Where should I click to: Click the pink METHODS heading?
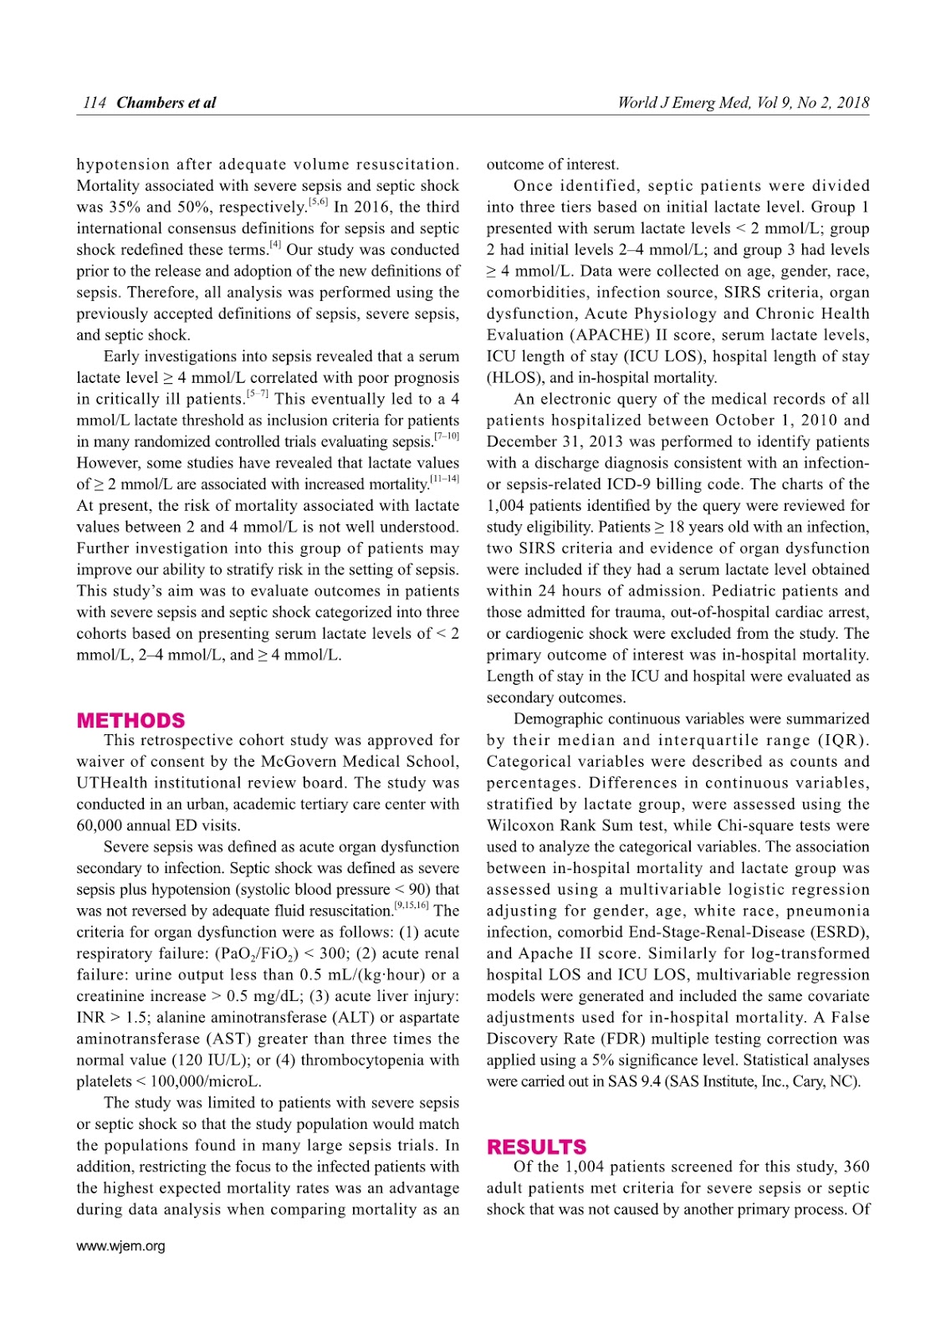click(130, 720)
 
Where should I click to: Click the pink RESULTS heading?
click(536, 1146)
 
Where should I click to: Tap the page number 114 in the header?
click(95, 103)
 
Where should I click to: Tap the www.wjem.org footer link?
click(120, 1246)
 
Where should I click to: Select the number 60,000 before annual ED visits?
click(102, 825)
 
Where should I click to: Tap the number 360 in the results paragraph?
click(856, 1167)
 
